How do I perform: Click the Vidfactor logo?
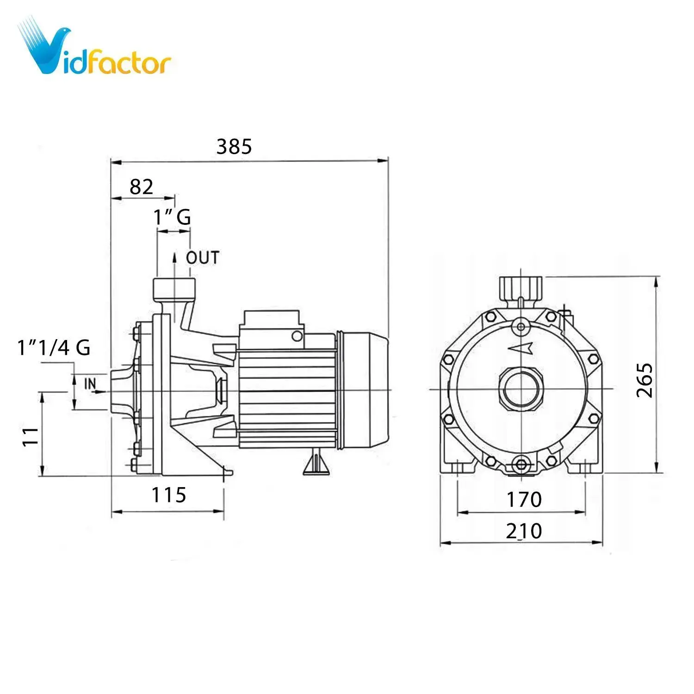point(95,49)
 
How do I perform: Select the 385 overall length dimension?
point(234,147)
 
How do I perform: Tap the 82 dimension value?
point(141,187)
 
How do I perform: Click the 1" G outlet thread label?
point(172,217)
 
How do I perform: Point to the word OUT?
point(203,258)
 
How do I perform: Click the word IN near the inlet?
point(90,384)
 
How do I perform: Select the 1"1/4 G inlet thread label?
point(54,347)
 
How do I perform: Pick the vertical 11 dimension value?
point(31,436)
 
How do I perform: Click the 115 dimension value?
point(169,495)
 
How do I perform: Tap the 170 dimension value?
point(524,500)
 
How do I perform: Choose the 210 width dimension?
point(524,531)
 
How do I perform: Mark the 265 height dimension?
point(644,380)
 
